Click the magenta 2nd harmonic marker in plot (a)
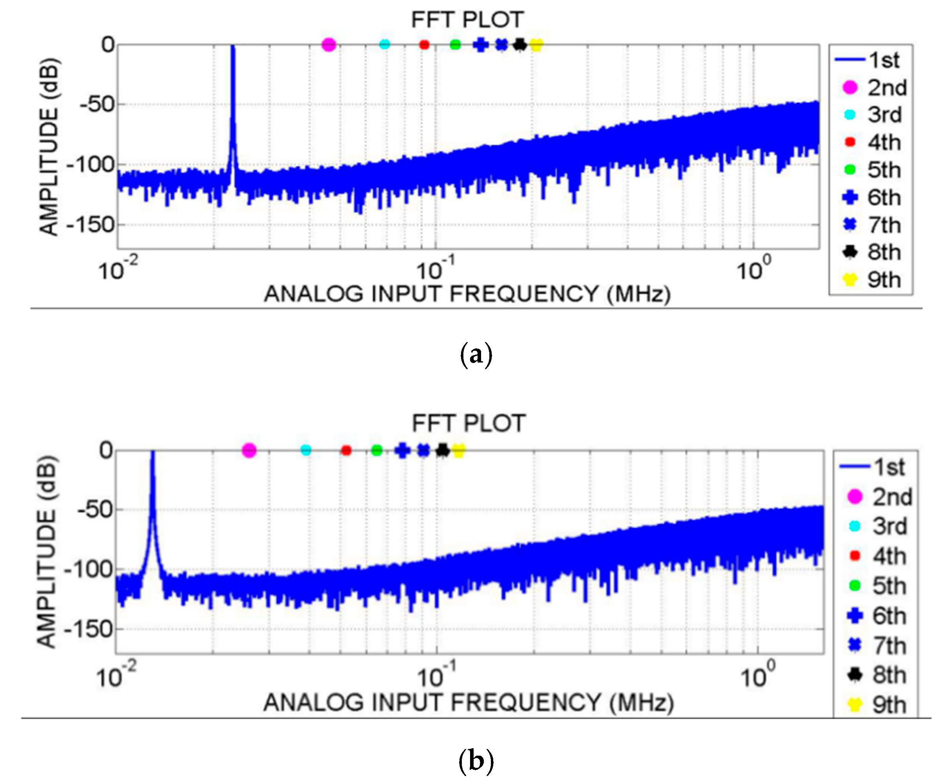(329, 45)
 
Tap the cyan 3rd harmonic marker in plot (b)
(306, 450)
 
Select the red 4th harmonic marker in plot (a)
(424, 45)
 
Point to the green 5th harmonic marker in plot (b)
(377, 450)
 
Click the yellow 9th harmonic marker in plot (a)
(536, 45)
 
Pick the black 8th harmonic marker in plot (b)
(442, 450)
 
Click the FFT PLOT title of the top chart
(467, 20)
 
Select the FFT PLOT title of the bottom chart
(469, 423)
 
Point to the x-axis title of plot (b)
(468, 703)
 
